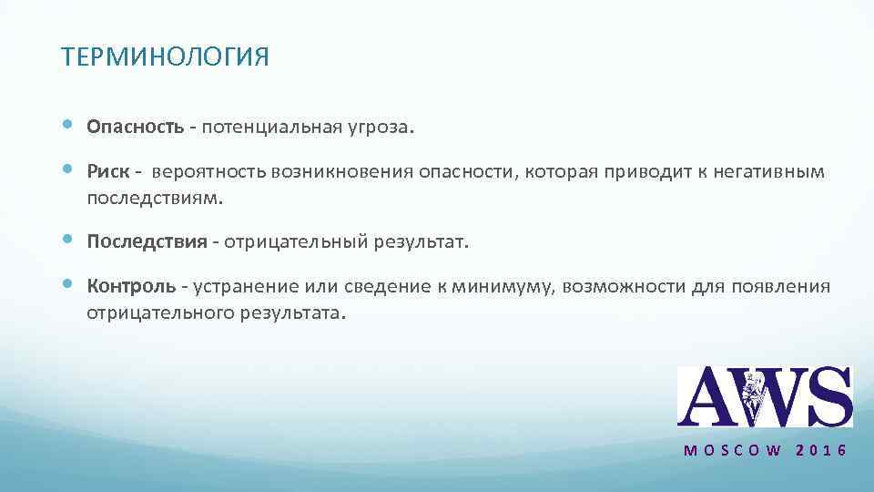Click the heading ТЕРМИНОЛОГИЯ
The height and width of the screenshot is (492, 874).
[165, 58]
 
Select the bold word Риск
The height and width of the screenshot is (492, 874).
[107, 172]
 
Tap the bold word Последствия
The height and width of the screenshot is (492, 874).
[147, 242]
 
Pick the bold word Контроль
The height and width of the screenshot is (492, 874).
[131, 286]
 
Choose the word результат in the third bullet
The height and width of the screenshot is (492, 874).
[422, 242]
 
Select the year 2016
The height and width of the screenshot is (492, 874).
[821, 451]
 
